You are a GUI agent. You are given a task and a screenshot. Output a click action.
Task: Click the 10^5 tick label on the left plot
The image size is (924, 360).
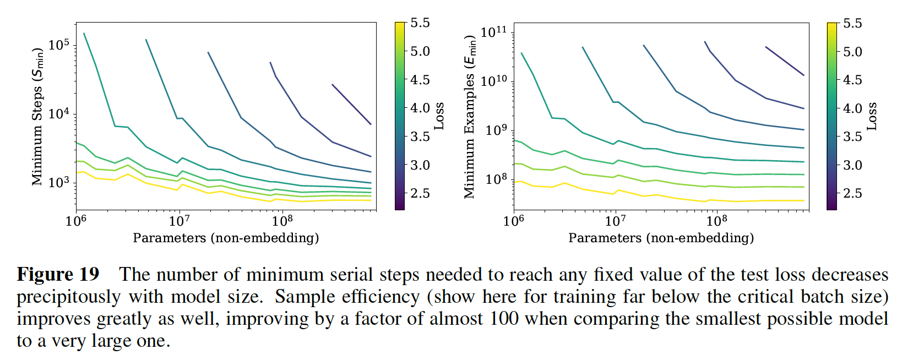pyautogui.click(x=59, y=45)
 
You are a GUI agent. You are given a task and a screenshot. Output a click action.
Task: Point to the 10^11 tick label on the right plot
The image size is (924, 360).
pyautogui.click(x=493, y=32)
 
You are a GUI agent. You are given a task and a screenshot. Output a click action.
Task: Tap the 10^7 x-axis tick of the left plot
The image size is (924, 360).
pyautogui.click(x=179, y=221)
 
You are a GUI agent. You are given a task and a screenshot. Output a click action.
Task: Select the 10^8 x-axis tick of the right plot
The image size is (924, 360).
pyautogui.click(x=716, y=221)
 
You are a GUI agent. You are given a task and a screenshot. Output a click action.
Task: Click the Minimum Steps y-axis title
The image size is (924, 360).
pyautogui.click(x=37, y=117)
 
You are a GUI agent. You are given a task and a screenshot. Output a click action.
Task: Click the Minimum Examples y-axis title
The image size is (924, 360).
pyautogui.click(x=470, y=117)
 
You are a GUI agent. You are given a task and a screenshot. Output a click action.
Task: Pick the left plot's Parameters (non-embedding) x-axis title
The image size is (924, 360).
pyautogui.click(x=226, y=238)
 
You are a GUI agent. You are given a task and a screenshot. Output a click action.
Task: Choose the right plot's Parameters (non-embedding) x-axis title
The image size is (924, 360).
pyautogui.click(x=661, y=238)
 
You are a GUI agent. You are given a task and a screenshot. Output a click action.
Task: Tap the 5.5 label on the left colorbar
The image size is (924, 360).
pyautogui.click(x=420, y=23)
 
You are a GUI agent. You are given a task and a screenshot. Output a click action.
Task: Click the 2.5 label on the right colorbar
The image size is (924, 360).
pyautogui.click(x=852, y=193)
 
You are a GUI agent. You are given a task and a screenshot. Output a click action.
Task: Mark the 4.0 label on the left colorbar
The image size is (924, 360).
pyautogui.click(x=420, y=108)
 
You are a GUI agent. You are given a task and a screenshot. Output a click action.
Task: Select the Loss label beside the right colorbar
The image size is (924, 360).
pyautogui.click(x=872, y=116)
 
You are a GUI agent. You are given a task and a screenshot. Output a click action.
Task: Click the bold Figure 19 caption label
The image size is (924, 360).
pyautogui.click(x=58, y=274)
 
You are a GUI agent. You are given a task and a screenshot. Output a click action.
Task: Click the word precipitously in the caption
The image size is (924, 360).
pyautogui.click(x=68, y=297)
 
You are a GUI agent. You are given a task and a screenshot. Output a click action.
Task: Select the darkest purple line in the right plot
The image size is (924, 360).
pyautogui.click(x=785, y=61)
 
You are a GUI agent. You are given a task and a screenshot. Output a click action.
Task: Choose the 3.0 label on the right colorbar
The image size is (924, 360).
pyautogui.click(x=852, y=165)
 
